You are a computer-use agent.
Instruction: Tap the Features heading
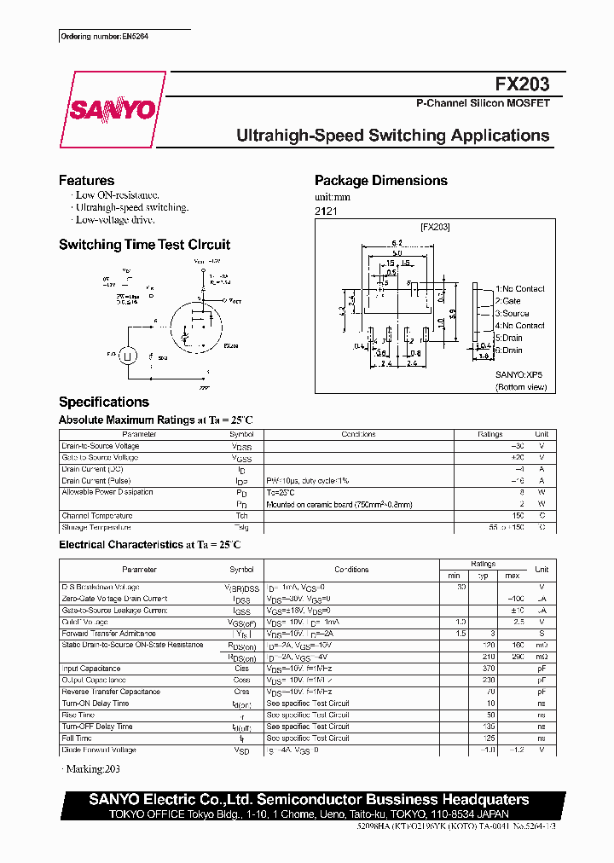pyautogui.click(x=86, y=181)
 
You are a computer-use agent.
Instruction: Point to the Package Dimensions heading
pyautogui.click(x=380, y=181)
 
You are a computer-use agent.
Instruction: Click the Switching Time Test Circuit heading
pyautogui.click(x=144, y=245)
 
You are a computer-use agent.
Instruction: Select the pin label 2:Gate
pyautogui.click(x=508, y=301)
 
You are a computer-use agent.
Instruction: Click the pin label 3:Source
pyautogui.click(x=512, y=313)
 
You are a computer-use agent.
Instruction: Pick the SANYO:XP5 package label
pyautogui.click(x=518, y=374)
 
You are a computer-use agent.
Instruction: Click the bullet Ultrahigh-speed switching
pyautogui.click(x=131, y=208)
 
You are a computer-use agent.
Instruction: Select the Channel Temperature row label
pyautogui.click(x=96, y=516)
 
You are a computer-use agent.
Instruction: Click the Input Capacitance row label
pyautogui.click(x=90, y=669)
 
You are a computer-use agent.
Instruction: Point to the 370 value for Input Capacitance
pyautogui.click(x=489, y=669)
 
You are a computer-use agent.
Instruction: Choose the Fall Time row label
pyautogui.click(x=77, y=738)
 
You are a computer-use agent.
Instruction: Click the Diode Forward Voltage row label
pyautogui.click(x=98, y=750)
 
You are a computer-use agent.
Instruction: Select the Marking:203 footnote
pyautogui.click(x=91, y=771)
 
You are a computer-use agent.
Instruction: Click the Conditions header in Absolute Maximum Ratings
pyautogui.click(x=358, y=434)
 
